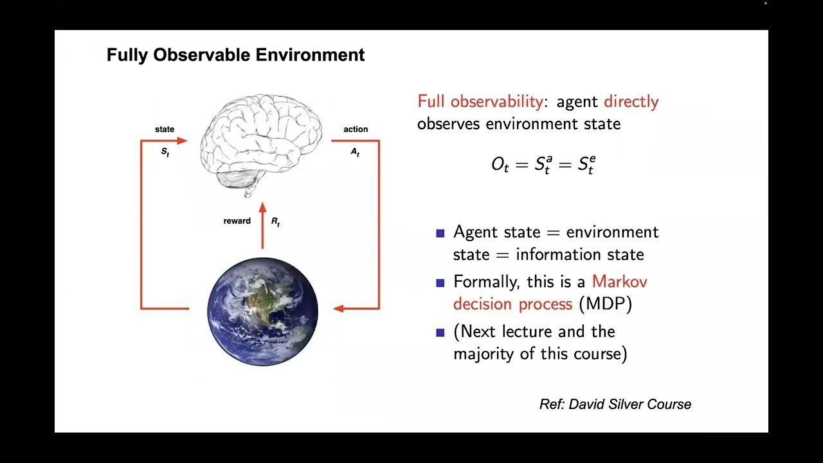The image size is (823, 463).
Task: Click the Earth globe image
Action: pos(262,311)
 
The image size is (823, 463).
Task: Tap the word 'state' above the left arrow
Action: pos(165,129)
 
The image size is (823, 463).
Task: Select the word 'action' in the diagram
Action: pos(356,129)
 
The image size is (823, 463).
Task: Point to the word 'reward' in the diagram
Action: pos(237,221)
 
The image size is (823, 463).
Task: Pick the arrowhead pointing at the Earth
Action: pos(339,309)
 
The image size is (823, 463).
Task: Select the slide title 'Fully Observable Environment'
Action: pos(235,55)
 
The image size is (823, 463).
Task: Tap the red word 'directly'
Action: pos(631,102)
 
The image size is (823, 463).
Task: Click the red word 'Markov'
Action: pos(619,282)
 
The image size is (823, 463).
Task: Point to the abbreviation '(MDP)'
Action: pos(605,304)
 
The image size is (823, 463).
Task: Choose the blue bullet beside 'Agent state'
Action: pos(440,233)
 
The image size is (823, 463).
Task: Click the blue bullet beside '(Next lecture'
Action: pos(440,332)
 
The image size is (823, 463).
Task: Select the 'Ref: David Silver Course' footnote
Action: pos(615,404)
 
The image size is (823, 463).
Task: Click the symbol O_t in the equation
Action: pos(500,165)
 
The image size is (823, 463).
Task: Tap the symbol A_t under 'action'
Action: pos(355,153)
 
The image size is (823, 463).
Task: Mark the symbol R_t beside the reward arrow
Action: pos(275,222)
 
